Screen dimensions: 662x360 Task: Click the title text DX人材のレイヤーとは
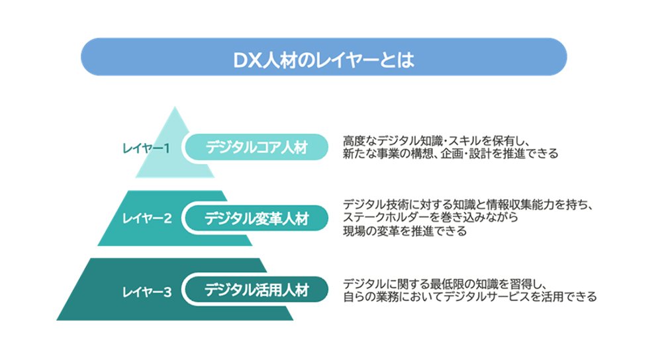click(324, 60)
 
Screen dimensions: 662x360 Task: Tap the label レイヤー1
click(146, 148)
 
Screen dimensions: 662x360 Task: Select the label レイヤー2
click(147, 218)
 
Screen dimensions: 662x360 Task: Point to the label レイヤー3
click(147, 292)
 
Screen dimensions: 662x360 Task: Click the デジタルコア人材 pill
click(257, 148)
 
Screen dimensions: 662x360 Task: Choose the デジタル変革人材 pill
click(257, 218)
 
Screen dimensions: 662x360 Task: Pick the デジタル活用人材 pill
click(257, 289)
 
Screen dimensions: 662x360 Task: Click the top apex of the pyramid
click(174, 107)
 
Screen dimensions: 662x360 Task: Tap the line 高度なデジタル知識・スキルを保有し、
click(436, 140)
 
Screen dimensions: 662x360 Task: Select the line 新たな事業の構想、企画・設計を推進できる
click(450, 154)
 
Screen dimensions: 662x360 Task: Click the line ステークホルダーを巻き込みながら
click(430, 217)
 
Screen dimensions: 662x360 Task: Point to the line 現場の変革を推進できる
click(404, 231)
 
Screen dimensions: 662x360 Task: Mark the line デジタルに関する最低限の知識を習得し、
click(446, 284)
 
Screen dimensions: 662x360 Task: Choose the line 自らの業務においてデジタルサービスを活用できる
click(470, 296)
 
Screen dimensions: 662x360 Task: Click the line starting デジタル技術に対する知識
click(469, 204)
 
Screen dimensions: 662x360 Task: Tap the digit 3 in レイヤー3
click(167, 292)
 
